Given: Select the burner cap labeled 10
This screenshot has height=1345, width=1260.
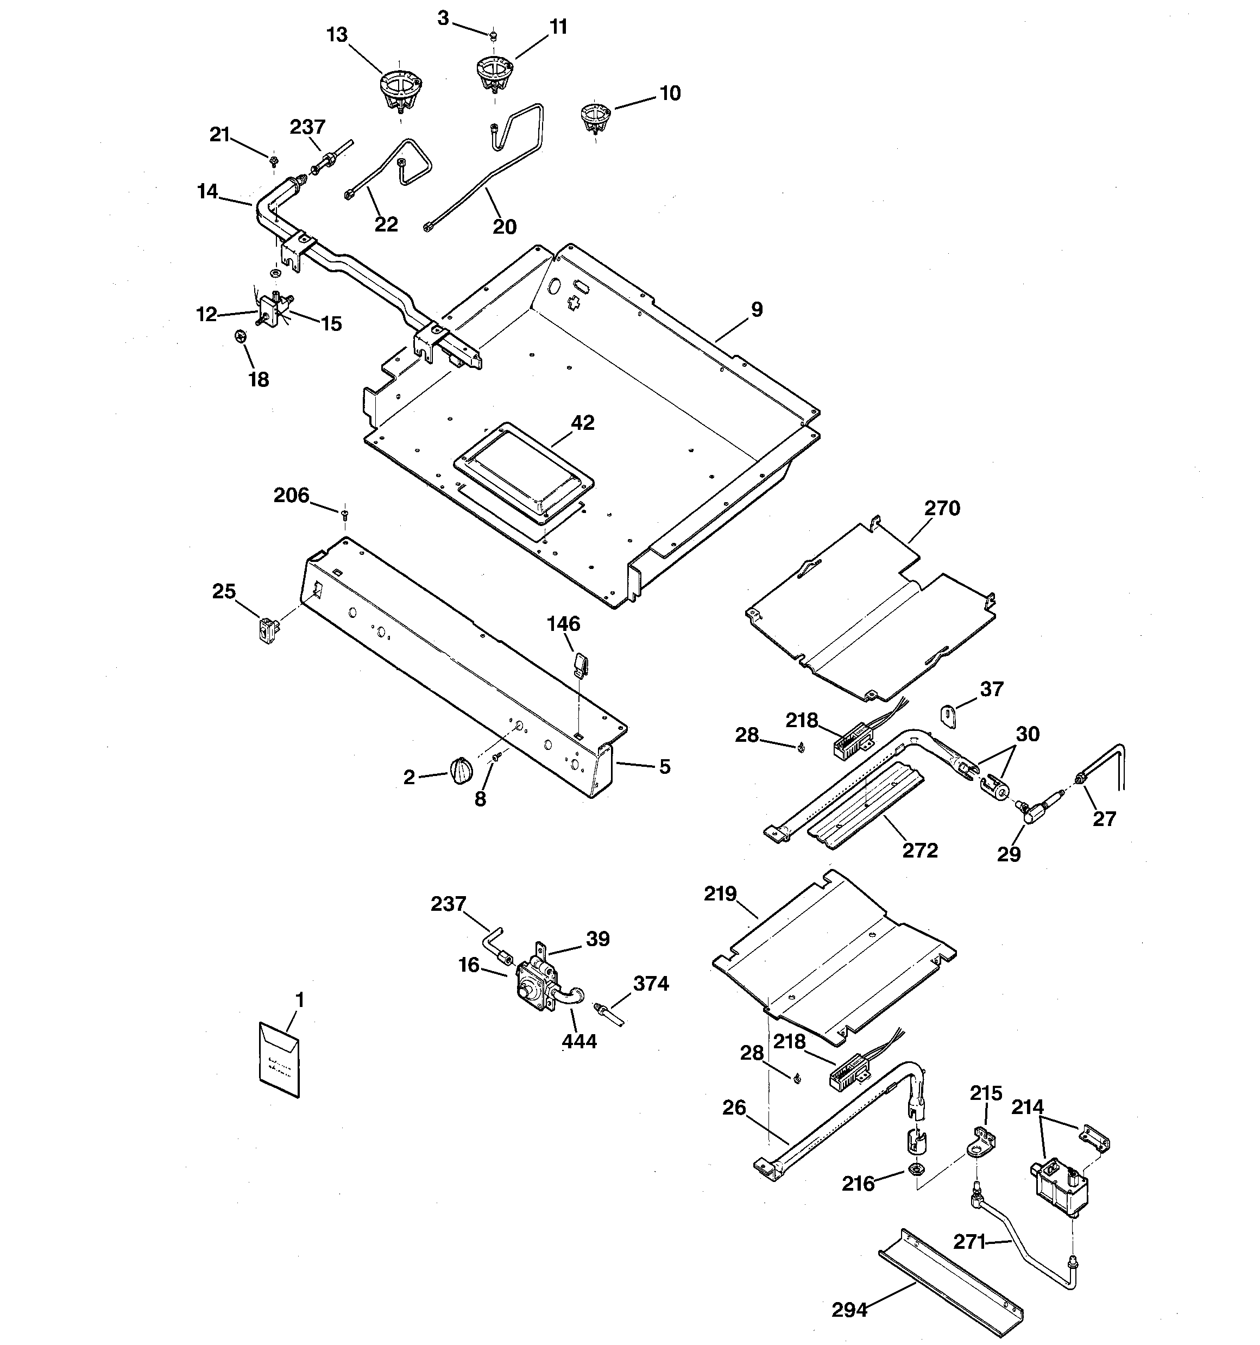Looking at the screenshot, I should [595, 117].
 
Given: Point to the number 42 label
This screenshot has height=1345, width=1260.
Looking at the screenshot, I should [582, 423].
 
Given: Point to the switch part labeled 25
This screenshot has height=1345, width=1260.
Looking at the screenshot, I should [269, 630].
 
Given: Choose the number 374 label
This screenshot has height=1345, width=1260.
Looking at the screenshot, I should [651, 983].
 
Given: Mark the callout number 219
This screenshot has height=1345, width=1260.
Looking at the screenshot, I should [720, 894].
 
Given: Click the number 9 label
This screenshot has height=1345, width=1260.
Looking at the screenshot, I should [757, 309].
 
